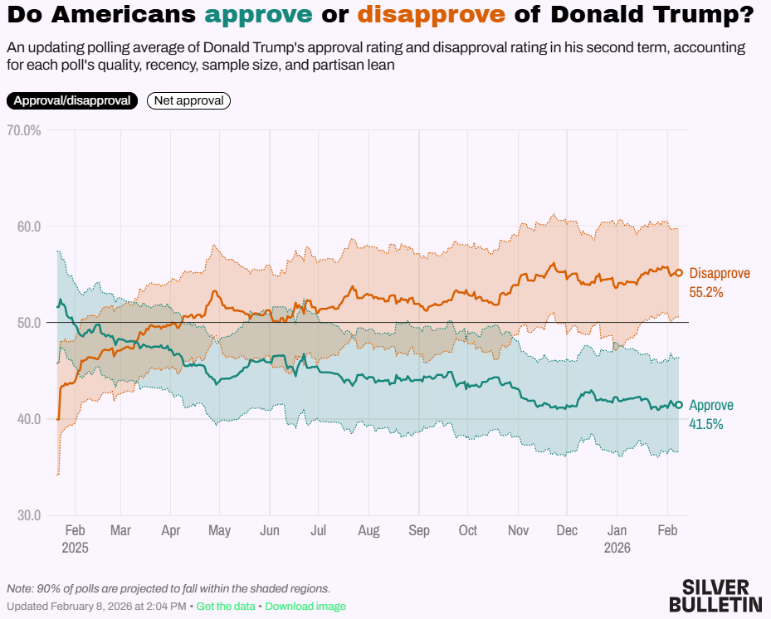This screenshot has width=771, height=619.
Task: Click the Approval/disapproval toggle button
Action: (x=72, y=100)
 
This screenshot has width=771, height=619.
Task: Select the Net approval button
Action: (x=188, y=100)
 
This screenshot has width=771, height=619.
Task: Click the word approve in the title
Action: (x=259, y=15)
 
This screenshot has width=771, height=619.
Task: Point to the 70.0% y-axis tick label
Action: (x=24, y=130)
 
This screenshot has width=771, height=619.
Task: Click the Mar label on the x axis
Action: (x=120, y=531)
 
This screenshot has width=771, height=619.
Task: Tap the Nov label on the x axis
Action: (x=519, y=531)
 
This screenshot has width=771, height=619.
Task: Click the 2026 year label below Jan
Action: (x=617, y=548)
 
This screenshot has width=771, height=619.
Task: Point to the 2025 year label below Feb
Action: (x=75, y=548)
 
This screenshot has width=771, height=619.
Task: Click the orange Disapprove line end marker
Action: (x=678, y=273)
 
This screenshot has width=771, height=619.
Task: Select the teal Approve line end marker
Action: (x=678, y=405)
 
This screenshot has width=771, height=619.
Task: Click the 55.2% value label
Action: (x=706, y=292)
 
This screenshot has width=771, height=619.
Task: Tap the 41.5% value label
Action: (x=706, y=424)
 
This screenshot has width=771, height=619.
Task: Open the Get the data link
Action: (x=226, y=607)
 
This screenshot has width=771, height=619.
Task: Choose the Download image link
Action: (x=305, y=607)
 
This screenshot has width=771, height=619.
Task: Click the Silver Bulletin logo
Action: (x=715, y=595)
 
